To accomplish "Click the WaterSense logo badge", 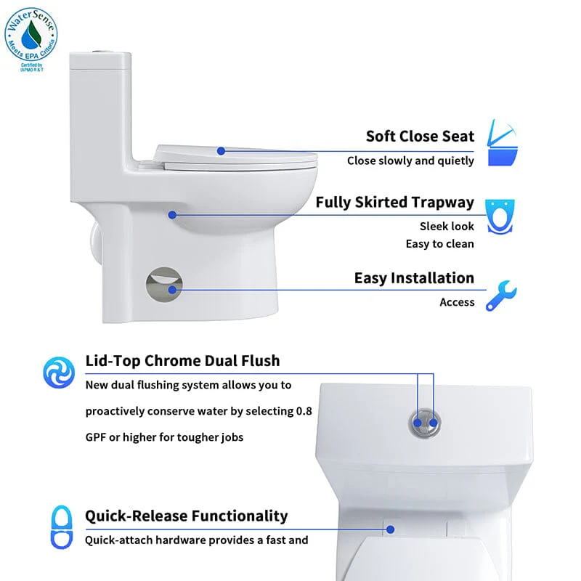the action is pyautogui.click(x=31, y=39).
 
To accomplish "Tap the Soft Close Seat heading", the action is pyautogui.click(x=420, y=136).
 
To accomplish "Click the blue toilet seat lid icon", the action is pyautogui.click(x=502, y=142).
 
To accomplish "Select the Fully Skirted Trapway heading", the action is pyautogui.click(x=394, y=203).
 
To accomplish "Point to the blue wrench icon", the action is pyautogui.click(x=501, y=296).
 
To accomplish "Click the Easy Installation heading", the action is pyautogui.click(x=414, y=278).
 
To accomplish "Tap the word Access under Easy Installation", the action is pyautogui.click(x=457, y=302).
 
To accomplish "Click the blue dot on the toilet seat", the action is pyautogui.click(x=221, y=151).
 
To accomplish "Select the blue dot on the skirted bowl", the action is pyautogui.click(x=172, y=215).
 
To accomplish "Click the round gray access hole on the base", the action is pyautogui.click(x=164, y=284).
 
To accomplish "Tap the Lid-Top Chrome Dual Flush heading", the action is pyautogui.click(x=182, y=360).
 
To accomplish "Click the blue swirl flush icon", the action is pyautogui.click(x=59, y=372).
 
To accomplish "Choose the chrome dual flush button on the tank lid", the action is pyautogui.click(x=425, y=423).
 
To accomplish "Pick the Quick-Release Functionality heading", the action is pyautogui.click(x=186, y=516).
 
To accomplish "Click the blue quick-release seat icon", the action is pyautogui.click(x=62, y=527).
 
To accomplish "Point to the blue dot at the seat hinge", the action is pyautogui.click(x=390, y=529).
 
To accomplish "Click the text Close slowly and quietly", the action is pyautogui.click(x=410, y=161).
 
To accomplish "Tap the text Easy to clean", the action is pyautogui.click(x=440, y=244).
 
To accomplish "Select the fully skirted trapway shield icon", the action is pyautogui.click(x=500, y=216).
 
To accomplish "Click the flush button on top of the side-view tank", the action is pyautogui.click(x=99, y=51).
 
